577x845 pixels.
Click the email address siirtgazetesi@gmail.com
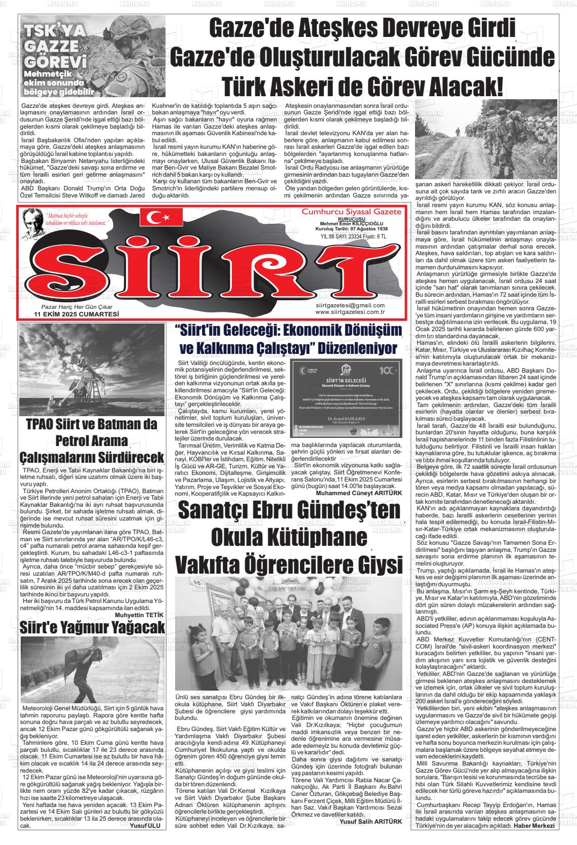coord(349,305)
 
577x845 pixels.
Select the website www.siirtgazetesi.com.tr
coord(350,312)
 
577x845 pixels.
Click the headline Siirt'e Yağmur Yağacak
coord(92,628)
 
